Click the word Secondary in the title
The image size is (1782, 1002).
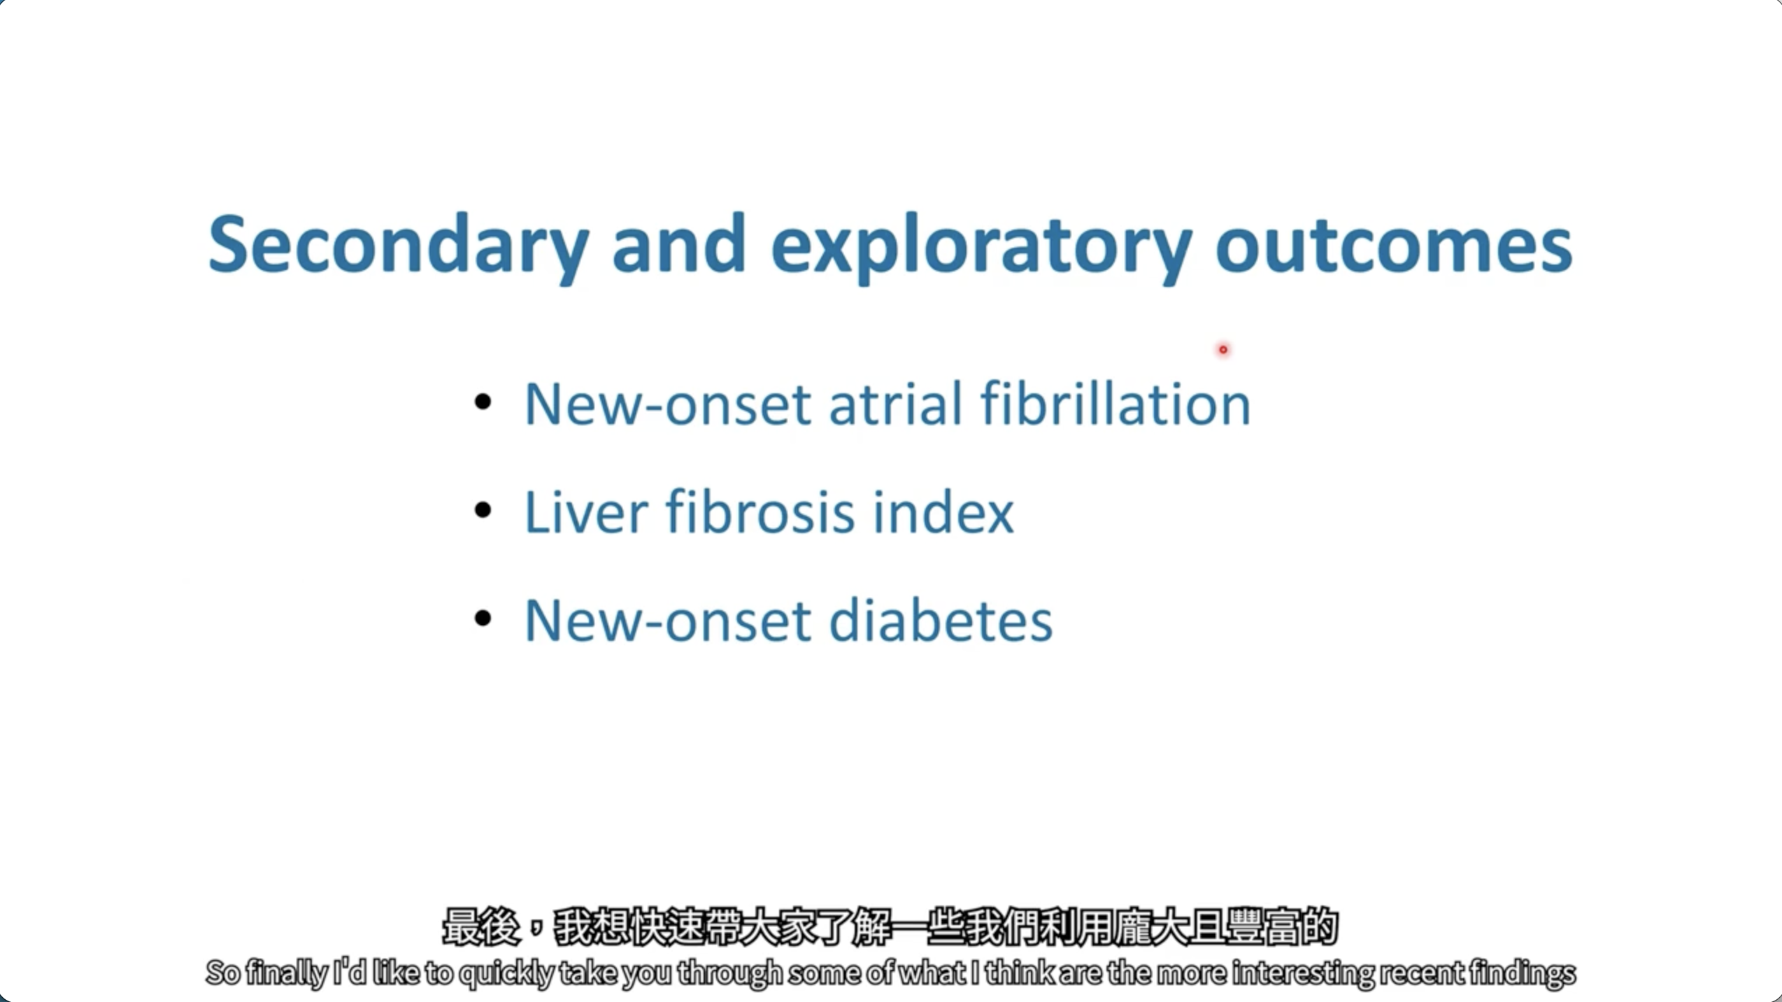(x=399, y=246)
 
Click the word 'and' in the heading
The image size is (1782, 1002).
(x=679, y=244)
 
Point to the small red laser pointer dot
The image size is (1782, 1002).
(x=1223, y=349)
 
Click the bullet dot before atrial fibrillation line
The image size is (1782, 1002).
(x=483, y=402)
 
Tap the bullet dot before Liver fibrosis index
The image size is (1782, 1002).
(x=483, y=510)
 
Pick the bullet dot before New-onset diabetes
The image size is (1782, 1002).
(x=483, y=618)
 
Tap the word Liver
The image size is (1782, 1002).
(x=587, y=511)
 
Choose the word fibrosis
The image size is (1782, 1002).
(x=760, y=511)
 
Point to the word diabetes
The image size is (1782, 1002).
(x=941, y=619)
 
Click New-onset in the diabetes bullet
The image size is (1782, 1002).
(x=668, y=620)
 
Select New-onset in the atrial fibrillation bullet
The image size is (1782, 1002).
(x=668, y=404)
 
